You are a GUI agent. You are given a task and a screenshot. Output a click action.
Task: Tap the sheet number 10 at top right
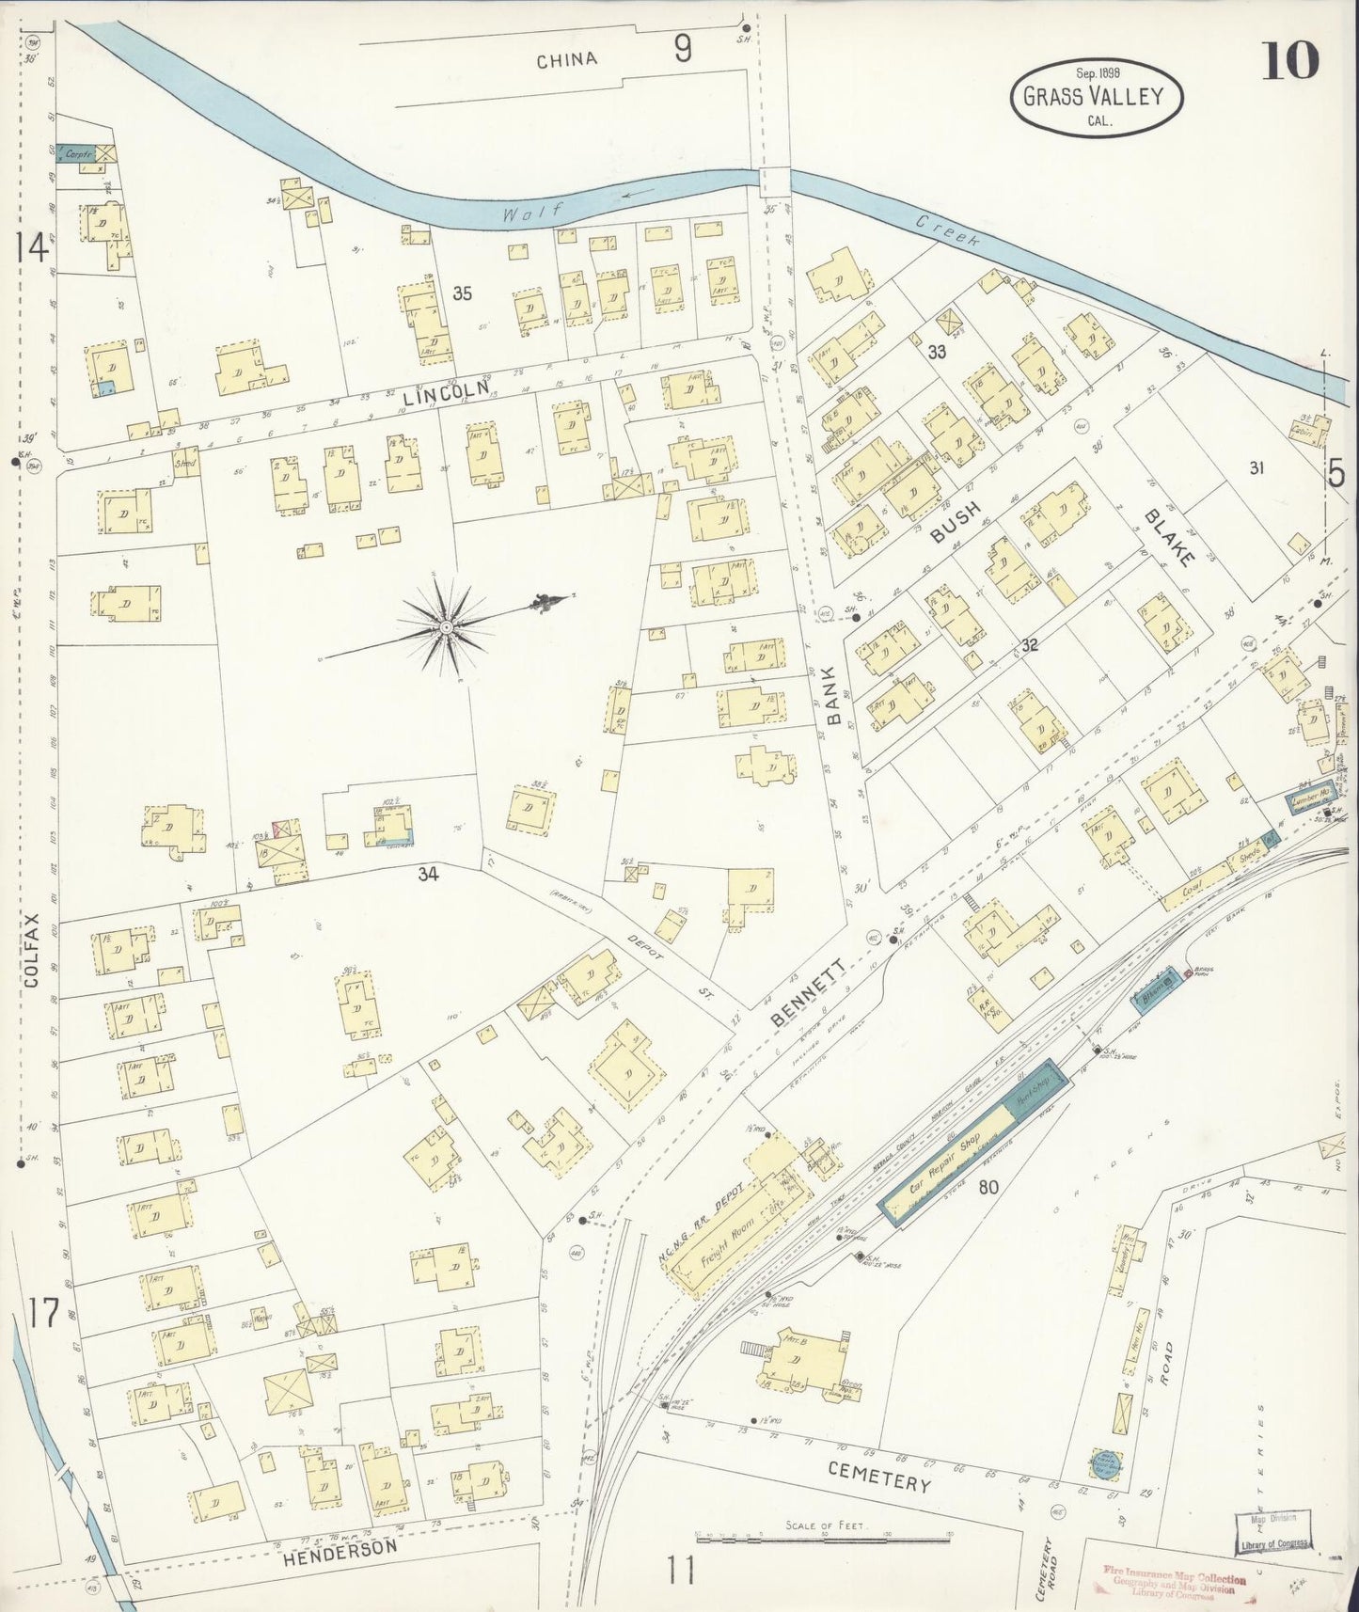(x=1292, y=62)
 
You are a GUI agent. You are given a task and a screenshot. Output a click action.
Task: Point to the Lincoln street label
(x=446, y=390)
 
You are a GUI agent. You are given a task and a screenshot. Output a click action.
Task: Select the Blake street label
(x=1169, y=538)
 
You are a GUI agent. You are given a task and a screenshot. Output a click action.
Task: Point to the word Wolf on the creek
(x=519, y=213)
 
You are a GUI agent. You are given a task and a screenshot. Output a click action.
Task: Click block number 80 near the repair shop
(x=988, y=1187)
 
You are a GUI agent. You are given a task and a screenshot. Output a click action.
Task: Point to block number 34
(x=429, y=874)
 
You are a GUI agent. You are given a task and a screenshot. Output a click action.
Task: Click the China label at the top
(x=566, y=60)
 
